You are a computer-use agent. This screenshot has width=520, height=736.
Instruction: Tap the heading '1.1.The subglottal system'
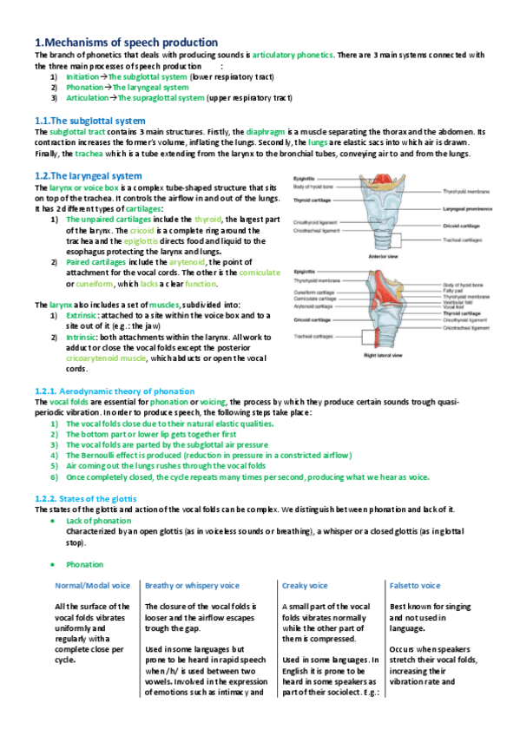(x=89, y=120)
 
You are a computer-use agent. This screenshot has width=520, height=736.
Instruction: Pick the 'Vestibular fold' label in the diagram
(x=457, y=303)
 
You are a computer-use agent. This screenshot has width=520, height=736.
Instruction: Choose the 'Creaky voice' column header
(x=306, y=586)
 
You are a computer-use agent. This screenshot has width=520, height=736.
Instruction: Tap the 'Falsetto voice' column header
(x=415, y=586)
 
